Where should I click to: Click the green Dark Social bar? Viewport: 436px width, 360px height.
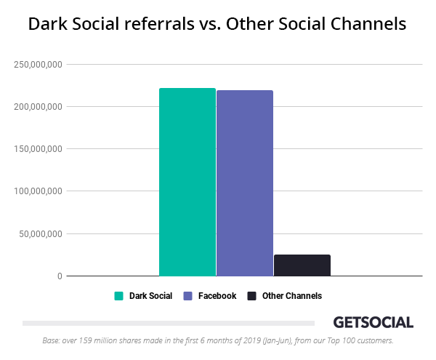tap(187, 182)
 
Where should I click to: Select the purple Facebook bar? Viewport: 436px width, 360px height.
tap(244, 183)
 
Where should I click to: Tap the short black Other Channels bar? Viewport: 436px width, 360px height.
tap(302, 265)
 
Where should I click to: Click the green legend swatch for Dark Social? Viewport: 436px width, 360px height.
tap(118, 296)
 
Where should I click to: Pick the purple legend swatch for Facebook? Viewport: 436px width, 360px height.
tap(187, 296)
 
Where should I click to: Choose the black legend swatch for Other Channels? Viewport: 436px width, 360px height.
tap(251, 296)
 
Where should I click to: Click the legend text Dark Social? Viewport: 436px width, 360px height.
tap(150, 296)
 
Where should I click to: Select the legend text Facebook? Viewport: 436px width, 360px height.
tap(217, 296)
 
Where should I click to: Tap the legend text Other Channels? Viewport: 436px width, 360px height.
tap(292, 296)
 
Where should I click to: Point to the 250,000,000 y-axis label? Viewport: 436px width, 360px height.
tap(38, 65)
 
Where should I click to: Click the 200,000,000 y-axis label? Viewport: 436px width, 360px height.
tap(38, 107)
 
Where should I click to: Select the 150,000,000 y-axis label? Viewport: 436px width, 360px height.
tap(38, 149)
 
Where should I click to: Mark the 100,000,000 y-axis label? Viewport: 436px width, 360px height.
tap(38, 191)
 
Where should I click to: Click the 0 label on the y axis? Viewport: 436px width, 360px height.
tap(60, 276)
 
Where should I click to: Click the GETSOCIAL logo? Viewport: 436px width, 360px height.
tap(373, 322)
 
